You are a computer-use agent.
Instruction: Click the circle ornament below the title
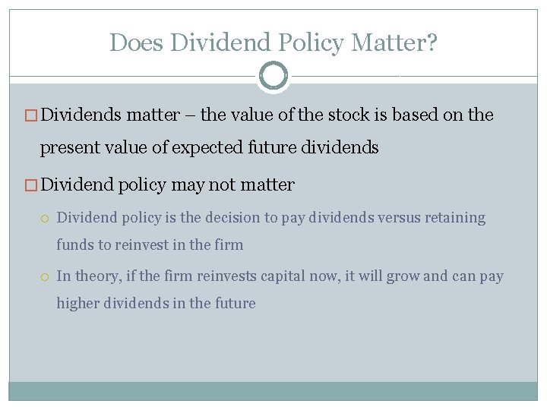[x=273, y=77]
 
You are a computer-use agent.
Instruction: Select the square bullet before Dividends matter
[x=33, y=115]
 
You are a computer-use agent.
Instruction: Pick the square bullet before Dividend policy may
[x=33, y=184]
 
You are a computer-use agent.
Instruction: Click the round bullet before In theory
[x=46, y=276]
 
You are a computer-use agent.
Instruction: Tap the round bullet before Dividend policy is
[x=46, y=218]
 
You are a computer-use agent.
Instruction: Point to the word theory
[x=92, y=276]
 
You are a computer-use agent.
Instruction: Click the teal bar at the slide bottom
[x=273, y=390]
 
